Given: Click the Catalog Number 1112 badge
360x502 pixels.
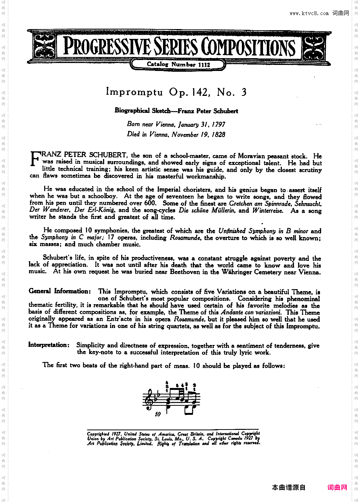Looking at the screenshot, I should tap(178, 64).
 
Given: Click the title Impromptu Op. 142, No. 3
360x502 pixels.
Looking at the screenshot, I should tap(176, 92).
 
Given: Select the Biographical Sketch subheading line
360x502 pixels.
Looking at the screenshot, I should tap(176, 111).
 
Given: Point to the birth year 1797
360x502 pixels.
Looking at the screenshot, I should tap(218, 124).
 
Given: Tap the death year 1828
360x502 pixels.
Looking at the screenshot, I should tap(218, 134).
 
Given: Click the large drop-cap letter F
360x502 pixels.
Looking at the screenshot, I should tap(35, 159).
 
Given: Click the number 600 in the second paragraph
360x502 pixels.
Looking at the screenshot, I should tap(150, 203).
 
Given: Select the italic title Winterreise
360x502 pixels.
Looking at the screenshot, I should tap(268, 210).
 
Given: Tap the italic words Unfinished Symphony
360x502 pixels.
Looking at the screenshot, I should tap(247, 231).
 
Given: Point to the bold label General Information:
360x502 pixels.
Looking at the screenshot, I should tap(60, 291).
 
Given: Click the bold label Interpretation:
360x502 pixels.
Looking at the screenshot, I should tap(49, 345).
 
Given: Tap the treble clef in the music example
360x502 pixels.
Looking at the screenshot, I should tap(150, 399).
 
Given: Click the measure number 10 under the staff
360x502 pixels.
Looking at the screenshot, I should tap(157, 414).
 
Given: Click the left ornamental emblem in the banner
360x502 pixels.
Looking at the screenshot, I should tap(45, 47).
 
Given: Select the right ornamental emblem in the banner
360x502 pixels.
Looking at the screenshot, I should tap(314, 47).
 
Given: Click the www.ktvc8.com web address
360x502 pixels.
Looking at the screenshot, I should tap(309, 14).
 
